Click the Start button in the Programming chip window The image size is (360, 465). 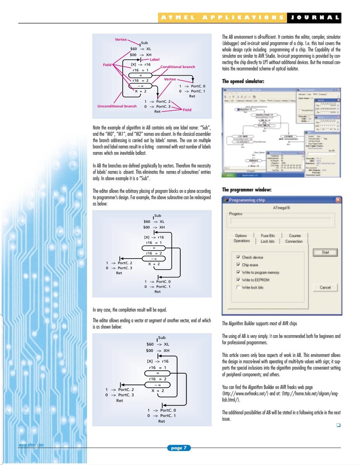pos(325,252)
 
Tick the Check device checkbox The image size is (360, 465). pos(238,257)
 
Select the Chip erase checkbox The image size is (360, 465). pos(238,265)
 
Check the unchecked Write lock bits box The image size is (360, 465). pos(238,287)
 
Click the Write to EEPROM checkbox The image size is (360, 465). pos(238,280)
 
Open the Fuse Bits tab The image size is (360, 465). pos(267,235)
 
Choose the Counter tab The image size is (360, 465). pos(295,235)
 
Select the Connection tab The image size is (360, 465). pos(294,241)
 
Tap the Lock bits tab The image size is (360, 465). pos(267,241)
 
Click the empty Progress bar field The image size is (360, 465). pos(280,221)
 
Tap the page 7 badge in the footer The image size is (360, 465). pos(178,448)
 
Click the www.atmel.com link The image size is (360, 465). pos(31,445)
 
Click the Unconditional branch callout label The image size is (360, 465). pos(117,106)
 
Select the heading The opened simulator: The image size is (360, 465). pos(243,81)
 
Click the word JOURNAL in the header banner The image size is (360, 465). pos(314,17)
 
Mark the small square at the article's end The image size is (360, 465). pos(338,425)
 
